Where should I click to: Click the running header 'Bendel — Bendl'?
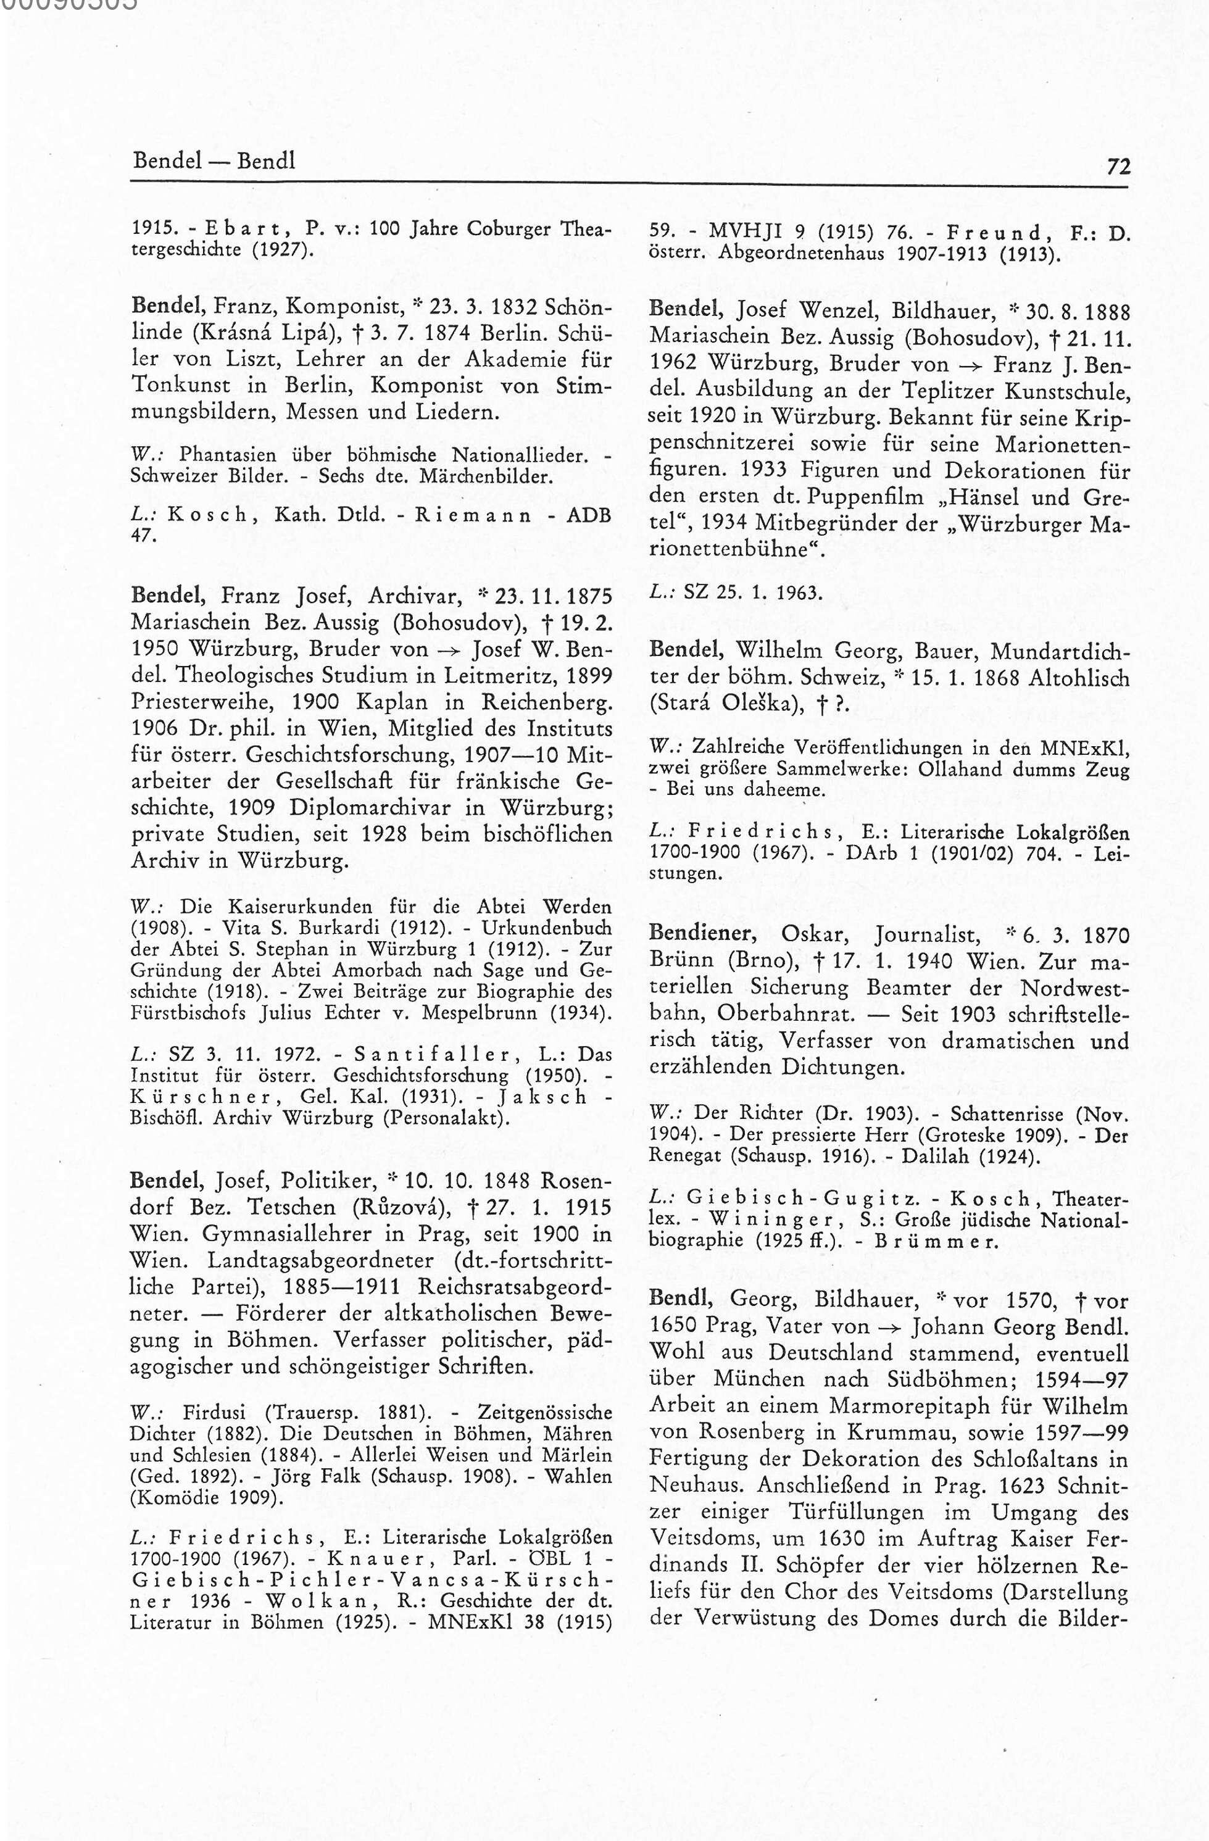tap(214, 161)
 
